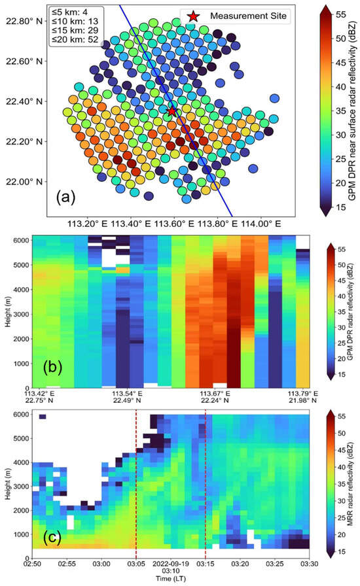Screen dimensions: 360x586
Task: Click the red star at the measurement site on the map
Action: point(171,111)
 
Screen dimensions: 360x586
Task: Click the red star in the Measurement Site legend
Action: point(192,16)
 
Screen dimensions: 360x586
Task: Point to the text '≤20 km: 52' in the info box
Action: point(75,39)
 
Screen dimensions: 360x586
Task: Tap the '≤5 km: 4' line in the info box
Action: point(69,12)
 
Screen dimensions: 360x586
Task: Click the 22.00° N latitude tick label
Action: point(24,182)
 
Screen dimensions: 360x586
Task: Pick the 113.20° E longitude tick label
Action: point(88,224)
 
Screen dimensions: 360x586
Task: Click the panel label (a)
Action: point(66,197)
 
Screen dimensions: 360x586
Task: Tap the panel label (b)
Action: point(52,367)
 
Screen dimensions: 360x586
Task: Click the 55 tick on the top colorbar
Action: point(341,14)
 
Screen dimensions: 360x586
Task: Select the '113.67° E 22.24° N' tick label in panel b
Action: point(215,397)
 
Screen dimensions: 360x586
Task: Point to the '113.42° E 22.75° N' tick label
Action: point(39,397)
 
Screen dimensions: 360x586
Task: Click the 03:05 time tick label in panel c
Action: point(136,563)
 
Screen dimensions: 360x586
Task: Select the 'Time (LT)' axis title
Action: point(171,579)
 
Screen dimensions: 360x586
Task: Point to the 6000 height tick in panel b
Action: point(22,240)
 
